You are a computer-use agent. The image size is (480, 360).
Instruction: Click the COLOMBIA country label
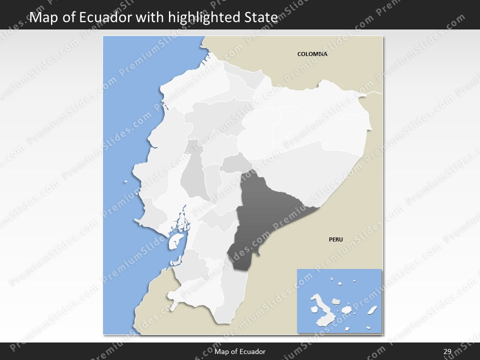312,54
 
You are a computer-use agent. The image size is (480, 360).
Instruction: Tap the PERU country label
335,239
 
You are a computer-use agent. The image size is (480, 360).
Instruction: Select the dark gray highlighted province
260,215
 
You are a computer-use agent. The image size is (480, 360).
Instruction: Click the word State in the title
259,17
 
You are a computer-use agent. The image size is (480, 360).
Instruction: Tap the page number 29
447,351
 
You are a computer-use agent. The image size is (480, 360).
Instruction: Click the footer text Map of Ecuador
240,351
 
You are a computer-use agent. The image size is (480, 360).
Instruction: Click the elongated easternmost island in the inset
372,310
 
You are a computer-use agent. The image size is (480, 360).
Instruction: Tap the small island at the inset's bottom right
368,328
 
